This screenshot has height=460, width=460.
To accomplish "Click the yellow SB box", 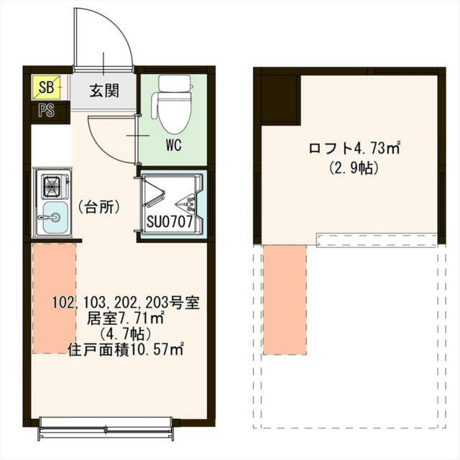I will [x=46, y=88].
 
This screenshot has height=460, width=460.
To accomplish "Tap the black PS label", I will [x=46, y=111].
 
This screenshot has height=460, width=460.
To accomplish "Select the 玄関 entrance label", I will [x=105, y=91].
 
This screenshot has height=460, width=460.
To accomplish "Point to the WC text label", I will [x=172, y=144].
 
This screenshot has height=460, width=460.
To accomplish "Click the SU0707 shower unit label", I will [x=170, y=222].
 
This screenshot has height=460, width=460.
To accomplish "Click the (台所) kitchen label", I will [x=98, y=206].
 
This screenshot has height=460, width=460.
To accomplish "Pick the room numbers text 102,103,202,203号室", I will [x=125, y=303].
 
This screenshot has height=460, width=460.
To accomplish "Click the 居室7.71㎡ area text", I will [x=125, y=318].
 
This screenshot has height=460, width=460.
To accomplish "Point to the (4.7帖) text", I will [x=125, y=334].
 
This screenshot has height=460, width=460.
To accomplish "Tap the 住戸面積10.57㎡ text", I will [x=125, y=350].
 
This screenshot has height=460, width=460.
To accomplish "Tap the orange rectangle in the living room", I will [x=54, y=298].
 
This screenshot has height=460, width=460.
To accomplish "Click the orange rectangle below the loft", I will [x=285, y=299].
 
